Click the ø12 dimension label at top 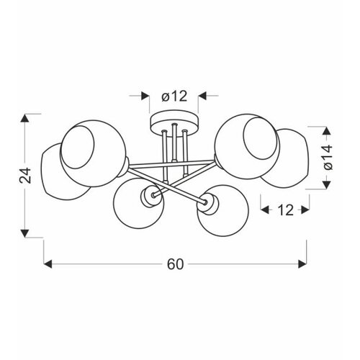click(174, 96)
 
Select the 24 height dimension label click(25, 175)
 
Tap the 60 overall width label click(175, 264)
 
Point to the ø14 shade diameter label click(327, 157)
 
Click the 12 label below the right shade click(285, 210)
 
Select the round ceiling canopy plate click(174, 121)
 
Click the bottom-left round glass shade click(139, 203)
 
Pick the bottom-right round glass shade click(223, 210)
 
